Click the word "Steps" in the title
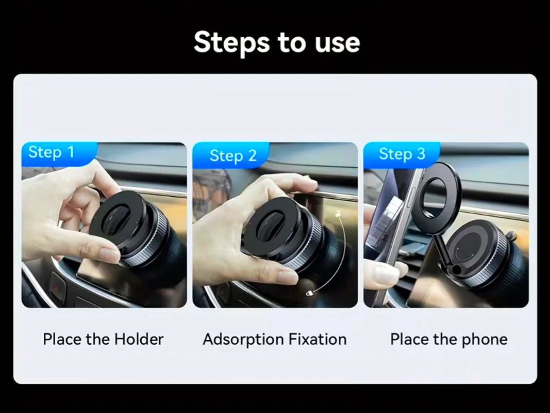[227, 42]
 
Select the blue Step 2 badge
[231, 156]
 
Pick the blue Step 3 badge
[402, 154]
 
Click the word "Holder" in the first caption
[139, 339]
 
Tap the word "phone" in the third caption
[484, 339]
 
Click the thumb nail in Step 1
[109, 255]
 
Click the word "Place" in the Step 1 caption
[62, 339]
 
